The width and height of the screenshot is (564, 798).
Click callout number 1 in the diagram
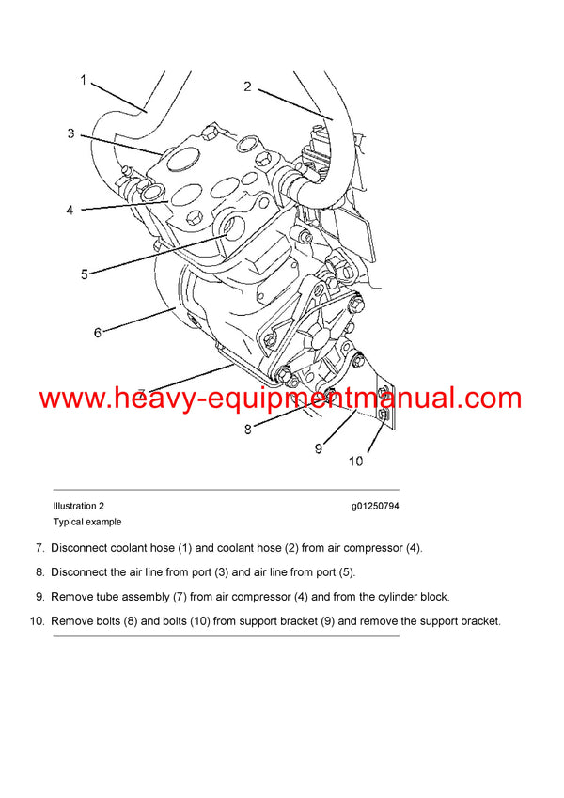pyautogui.click(x=83, y=81)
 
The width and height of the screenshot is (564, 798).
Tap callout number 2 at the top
pyautogui.click(x=247, y=87)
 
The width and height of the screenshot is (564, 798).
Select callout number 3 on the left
pyautogui.click(x=70, y=134)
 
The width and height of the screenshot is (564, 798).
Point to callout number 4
pyautogui.click(x=70, y=211)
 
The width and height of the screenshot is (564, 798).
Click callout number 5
pyautogui.click(x=84, y=274)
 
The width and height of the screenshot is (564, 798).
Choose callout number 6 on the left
pyautogui.click(x=97, y=332)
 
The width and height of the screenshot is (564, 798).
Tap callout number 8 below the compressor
pyautogui.click(x=247, y=430)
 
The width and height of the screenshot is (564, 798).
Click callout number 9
pyautogui.click(x=318, y=448)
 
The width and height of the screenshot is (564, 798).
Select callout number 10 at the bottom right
pyautogui.click(x=355, y=461)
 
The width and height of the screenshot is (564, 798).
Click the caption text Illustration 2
pyautogui.click(x=79, y=506)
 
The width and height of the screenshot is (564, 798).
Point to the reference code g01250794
pyautogui.click(x=375, y=506)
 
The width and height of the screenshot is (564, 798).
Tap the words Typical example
pyautogui.click(x=87, y=522)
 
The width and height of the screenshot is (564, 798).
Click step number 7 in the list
pyautogui.click(x=39, y=548)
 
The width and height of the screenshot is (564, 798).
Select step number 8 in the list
pyautogui.click(x=39, y=572)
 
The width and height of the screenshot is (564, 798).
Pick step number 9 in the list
pyautogui.click(x=39, y=597)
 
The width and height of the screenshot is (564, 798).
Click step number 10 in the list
pyautogui.click(x=37, y=621)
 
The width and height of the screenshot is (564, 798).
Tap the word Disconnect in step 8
pyautogui.click(x=80, y=572)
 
